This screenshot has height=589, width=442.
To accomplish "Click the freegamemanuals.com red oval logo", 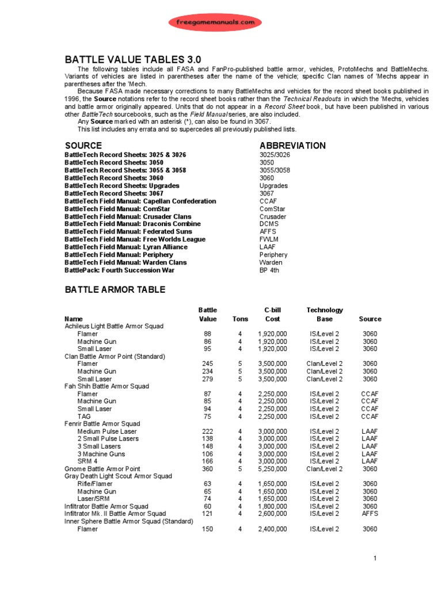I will [215, 22].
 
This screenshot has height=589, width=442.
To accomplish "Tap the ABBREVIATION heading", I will [292, 146].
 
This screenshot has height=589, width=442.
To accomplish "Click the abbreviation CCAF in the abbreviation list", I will [269, 201].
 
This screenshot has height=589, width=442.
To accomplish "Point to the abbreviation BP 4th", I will [269, 270].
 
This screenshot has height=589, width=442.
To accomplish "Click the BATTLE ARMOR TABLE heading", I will [115, 290].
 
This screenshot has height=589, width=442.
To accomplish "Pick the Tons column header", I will [240, 319].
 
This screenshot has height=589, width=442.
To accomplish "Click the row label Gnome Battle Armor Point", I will [102, 469].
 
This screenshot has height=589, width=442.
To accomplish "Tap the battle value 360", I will [207, 469].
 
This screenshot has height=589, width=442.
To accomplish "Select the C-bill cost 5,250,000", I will [273, 469].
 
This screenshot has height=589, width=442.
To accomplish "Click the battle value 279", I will [207, 379].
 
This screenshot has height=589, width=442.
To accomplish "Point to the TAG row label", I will [84, 416].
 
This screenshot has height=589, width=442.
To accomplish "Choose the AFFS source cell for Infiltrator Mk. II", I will [369, 514].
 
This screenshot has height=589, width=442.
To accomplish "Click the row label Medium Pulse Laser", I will [106, 431].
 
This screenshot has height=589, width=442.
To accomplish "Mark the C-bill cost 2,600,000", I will [273, 514].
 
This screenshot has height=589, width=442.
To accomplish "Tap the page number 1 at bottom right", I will [374, 559].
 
